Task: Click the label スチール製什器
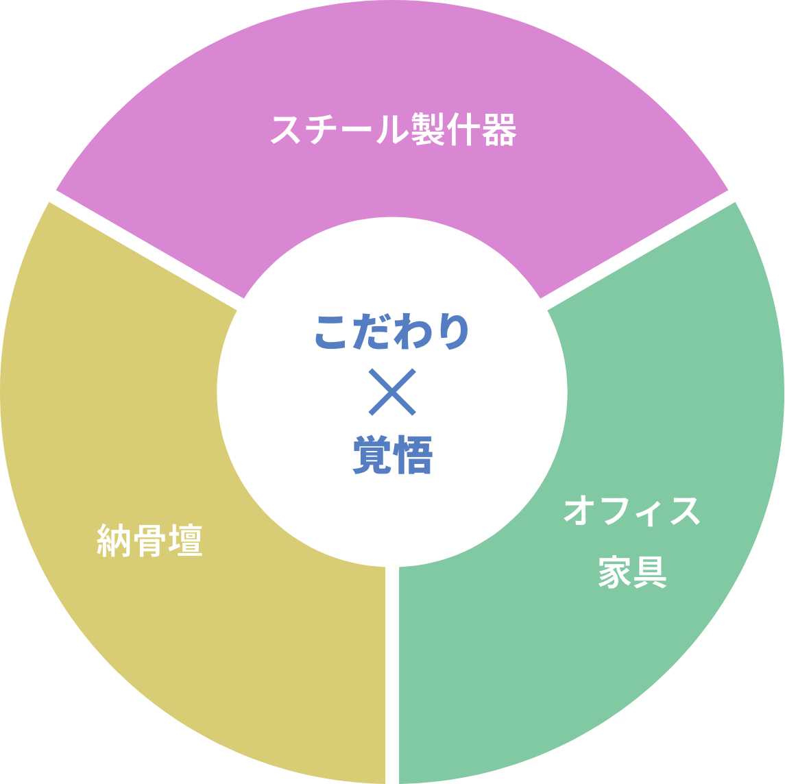pyautogui.click(x=393, y=130)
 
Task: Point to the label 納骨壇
pyautogui.click(x=150, y=541)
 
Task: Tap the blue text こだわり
pyautogui.click(x=392, y=332)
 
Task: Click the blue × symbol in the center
pyautogui.click(x=392, y=392)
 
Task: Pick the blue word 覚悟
pyautogui.click(x=392, y=456)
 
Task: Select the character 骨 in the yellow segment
pyautogui.click(x=150, y=541)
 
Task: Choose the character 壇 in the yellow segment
pyautogui.click(x=186, y=541)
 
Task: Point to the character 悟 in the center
pyautogui.click(x=413, y=456)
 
